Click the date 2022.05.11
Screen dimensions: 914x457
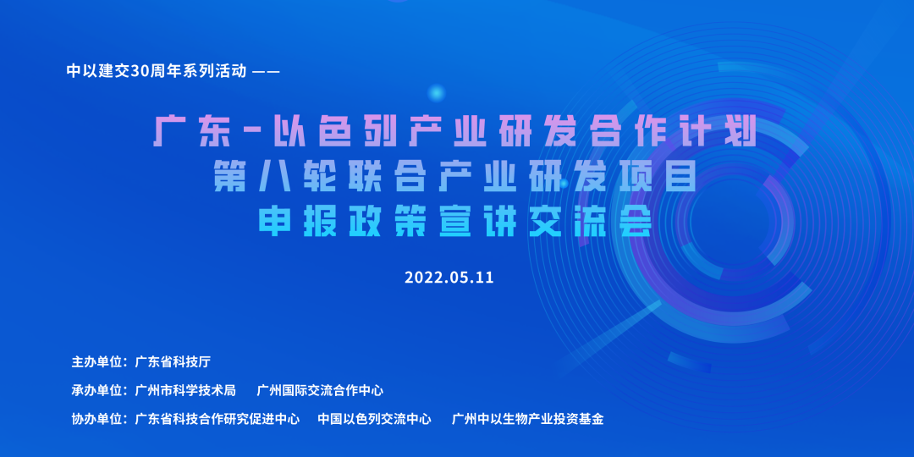click(x=449, y=277)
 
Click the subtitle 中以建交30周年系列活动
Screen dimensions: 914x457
click(x=157, y=71)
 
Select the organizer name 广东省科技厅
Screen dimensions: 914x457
click(x=172, y=362)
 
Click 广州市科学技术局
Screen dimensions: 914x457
click(x=184, y=390)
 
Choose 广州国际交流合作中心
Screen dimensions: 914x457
click(x=319, y=390)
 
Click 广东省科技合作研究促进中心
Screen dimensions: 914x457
click(x=217, y=419)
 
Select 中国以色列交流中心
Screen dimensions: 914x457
click(x=374, y=419)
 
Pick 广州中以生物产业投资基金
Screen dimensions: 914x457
click(x=527, y=419)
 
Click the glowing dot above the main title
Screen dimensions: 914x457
click(x=436, y=93)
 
